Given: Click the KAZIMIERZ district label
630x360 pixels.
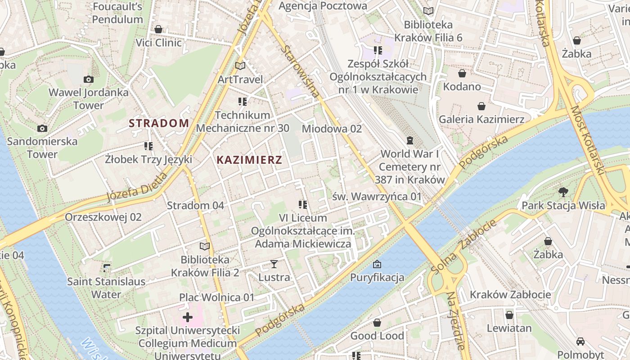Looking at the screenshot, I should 249,160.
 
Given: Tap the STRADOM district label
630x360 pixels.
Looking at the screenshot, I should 159,123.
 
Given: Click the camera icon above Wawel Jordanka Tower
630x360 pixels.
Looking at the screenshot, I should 89,80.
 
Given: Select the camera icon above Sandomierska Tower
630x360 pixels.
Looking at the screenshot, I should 42,129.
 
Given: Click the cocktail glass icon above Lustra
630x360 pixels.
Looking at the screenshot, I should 274,264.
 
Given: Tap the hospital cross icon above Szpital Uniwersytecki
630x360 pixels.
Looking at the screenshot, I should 188,318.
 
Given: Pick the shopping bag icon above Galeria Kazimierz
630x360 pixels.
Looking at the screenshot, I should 481,106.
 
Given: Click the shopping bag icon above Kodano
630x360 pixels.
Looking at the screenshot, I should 462,73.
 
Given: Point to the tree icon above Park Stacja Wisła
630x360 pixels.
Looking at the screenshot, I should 563,193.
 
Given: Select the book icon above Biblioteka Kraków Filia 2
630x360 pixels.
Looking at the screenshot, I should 205,246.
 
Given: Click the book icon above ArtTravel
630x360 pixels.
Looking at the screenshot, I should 240,66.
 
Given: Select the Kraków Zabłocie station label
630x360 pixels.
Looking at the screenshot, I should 510,295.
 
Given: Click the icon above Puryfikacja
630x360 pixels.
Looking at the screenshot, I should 377,264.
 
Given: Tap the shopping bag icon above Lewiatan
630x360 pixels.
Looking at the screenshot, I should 509,315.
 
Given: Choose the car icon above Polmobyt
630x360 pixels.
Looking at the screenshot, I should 580,342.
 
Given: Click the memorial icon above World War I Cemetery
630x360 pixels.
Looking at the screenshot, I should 409,141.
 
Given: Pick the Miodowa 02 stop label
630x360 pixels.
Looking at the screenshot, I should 332,129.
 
